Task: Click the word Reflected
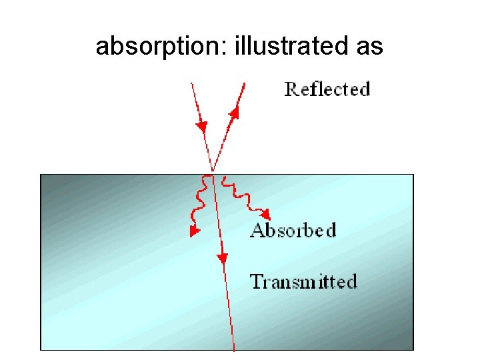(327, 89)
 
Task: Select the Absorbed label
(293, 231)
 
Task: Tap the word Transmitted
(303, 281)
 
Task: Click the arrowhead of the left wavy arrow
(194, 231)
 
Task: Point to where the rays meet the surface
(212, 173)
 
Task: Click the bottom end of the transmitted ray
(234, 349)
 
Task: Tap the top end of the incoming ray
(192, 83)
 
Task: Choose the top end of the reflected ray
(245, 83)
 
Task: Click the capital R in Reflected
(291, 89)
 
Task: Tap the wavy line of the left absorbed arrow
(198, 200)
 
